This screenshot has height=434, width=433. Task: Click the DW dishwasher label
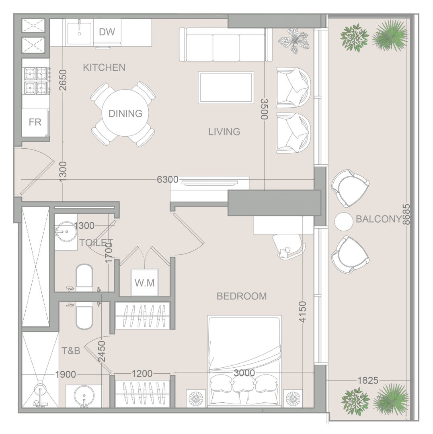pyautogui.click(x=107, y=32)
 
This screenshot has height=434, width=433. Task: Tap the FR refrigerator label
pyautogui.click(x=35, y=122)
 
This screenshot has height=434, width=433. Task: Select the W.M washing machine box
pyautogui.click(x=144, y=283)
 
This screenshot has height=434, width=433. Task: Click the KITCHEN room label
pyautogui.click(x=104, y=67)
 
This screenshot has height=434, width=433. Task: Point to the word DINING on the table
pyautogui.click(x=125, y=113)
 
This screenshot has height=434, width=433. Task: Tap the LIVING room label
pyautogui.click(x=224, y=131)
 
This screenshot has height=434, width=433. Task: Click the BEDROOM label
pyautogui.click(x=242, y=296)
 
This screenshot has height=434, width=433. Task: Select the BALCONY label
pyautogui.click(x=378, y=219)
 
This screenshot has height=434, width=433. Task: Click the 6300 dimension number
pyautogui.click(x=168, y=179)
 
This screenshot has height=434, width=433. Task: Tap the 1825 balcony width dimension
pyautogui.click(x=367, y=380)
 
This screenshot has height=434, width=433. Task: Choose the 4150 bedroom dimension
pyautogui.click(x=303, y=312)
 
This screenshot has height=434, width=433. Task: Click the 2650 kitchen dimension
pyautogui.click(x=63, y=80)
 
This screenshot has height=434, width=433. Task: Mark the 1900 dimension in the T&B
pyautogui.click(x=66, y=375)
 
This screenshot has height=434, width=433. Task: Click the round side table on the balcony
pyautogui.click(x=344, y=221)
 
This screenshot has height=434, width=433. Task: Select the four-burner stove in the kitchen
pyautogui.click(x=36, y=80)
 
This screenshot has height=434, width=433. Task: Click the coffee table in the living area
pyautogui.click(x=226, y=88)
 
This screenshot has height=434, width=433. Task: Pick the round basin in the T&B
pyautogui.click(x=84, y=396)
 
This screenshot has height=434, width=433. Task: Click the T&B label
pyautogui.click(x=71, y=351)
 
